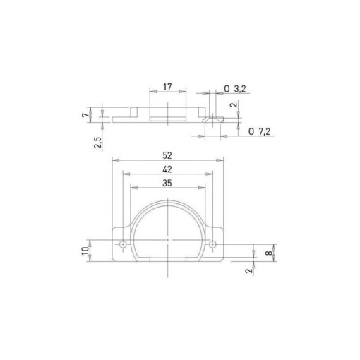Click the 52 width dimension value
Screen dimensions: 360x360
pyautogui.click(x=168, y=155)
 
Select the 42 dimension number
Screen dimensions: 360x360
pyautogui.click(x=168, y=169)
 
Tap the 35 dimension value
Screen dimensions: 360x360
pyautogui.click(x=168, y=182)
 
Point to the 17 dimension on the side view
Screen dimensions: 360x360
pyautogui.click(x=168, y=87)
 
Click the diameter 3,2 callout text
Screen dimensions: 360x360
pyautogui.click(x=234, y=88)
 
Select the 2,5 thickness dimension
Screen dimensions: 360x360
pyautogui.click(x=100, y=143)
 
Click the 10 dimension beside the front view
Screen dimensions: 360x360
pyautogui.click(x=85, y=251)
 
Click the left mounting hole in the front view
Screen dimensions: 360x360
pyautogui.click(x=124, y=244)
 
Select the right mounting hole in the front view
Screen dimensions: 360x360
pyautogui.click(x=212, y=244)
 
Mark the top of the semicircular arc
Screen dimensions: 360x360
pyautogui.click(x=167, y=200)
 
